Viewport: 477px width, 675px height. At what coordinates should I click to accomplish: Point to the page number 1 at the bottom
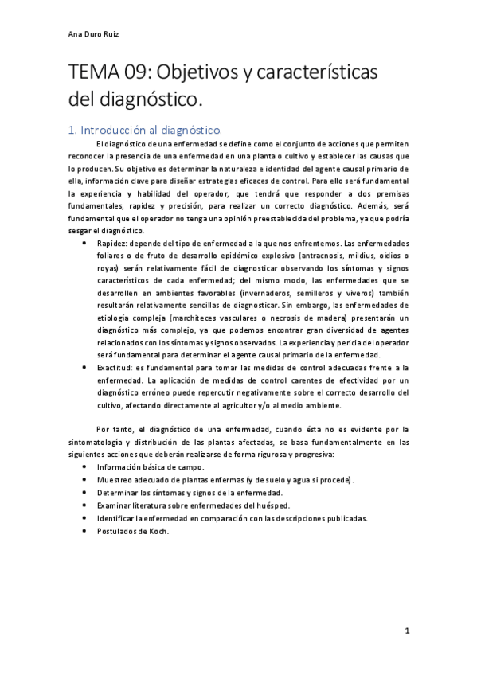click(x=406, y=630)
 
